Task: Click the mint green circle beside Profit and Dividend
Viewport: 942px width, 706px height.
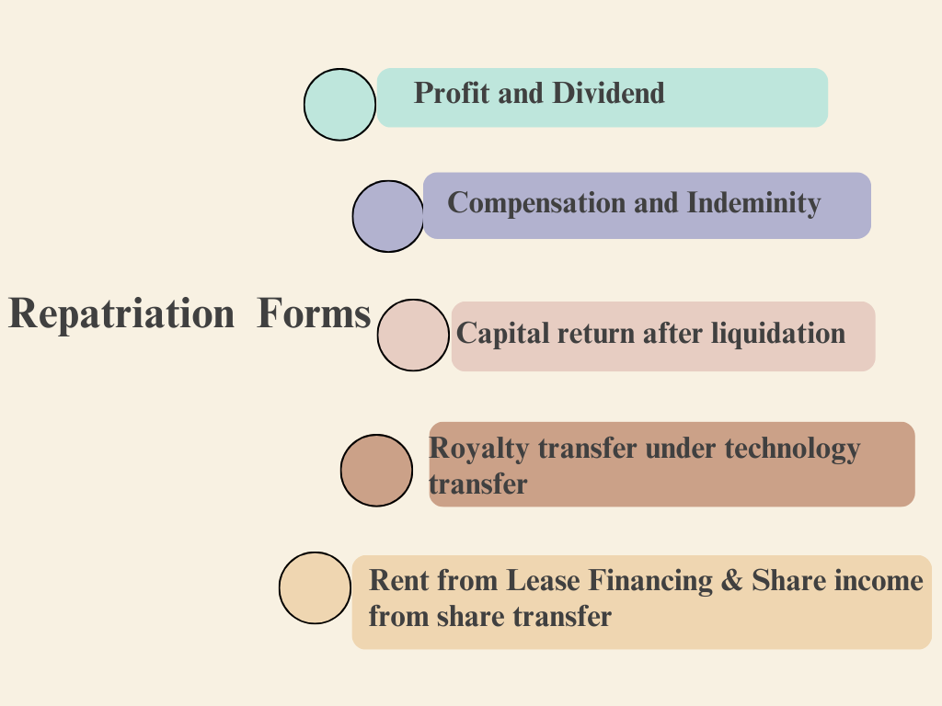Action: pyautogui.click(x=339, y=105)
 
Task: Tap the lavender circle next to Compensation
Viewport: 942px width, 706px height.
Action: pyautogui.click(x=387, y=216)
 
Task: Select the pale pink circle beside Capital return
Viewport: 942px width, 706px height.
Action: pyautogui.click(x=413, y=335)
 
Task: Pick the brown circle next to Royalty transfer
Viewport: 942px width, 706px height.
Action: pyautogui.click(x=376, y=470)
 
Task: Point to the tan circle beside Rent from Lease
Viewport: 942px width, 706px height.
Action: pyautogui.click(x=315, y=588)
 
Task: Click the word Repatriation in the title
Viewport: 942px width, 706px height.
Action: pyautogui.click(x=121, y=314)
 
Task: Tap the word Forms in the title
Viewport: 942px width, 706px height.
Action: pyautogui.click(x=314, y=314)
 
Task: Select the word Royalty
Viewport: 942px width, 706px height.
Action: pyautogui.click(x=479, y=450)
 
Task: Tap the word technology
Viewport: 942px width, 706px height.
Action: pyautogui.click(x=792, y=450)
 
